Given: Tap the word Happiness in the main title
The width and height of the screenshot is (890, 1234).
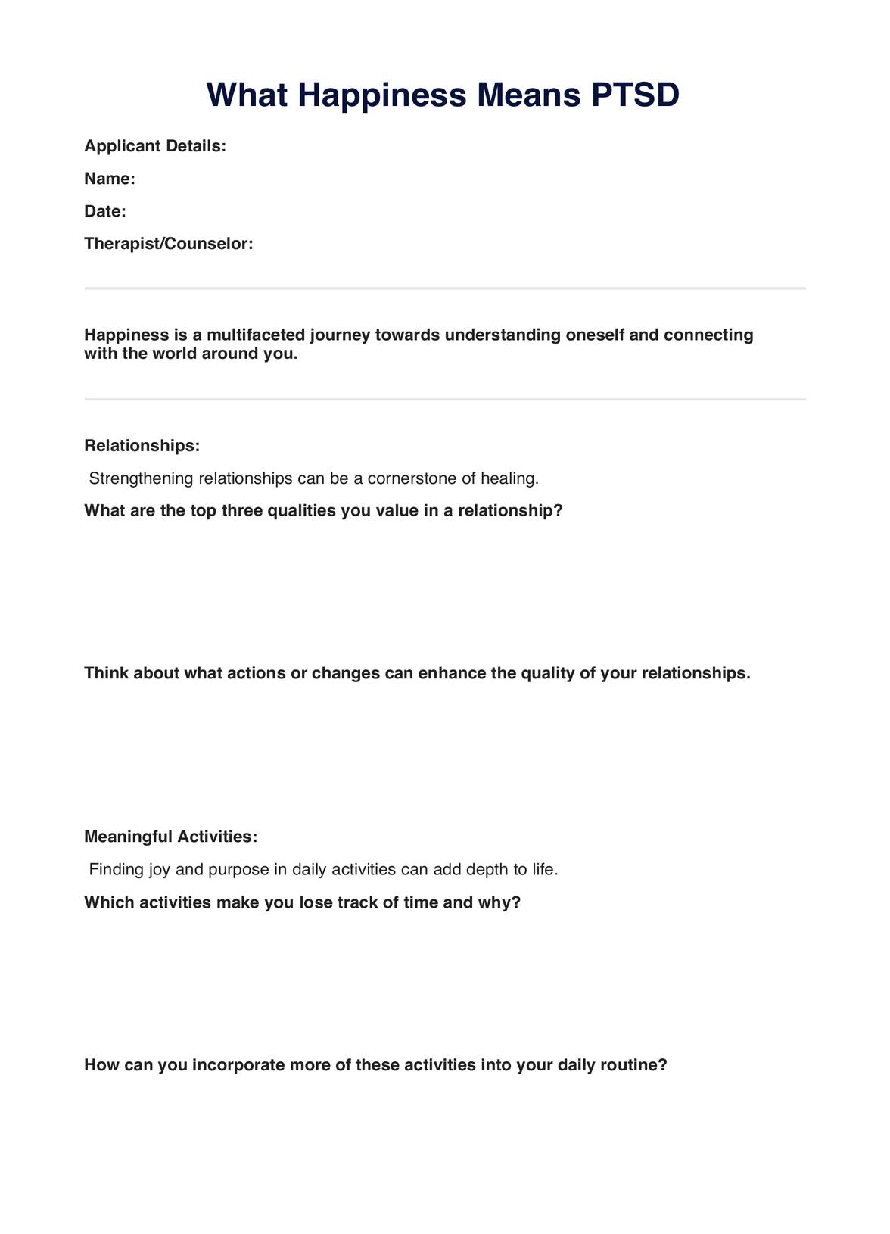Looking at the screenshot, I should click(382, 95).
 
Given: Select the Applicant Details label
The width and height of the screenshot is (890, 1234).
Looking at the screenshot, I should click(155, 146).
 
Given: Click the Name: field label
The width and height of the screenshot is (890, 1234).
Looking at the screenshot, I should click(110, 179).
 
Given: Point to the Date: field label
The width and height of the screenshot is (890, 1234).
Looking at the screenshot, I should click(105, 211).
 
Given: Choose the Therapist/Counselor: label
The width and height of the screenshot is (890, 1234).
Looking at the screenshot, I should click(169, 244).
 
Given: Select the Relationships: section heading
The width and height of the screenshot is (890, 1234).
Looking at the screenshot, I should click(142, 446).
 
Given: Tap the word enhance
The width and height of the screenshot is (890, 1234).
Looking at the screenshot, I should click(452, 673).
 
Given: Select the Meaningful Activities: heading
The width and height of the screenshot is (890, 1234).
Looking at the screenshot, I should click(171, 837).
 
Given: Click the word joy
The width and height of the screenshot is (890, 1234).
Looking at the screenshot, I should click(159, 869).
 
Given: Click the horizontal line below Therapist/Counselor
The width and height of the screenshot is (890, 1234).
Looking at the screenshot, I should click(445, 288).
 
